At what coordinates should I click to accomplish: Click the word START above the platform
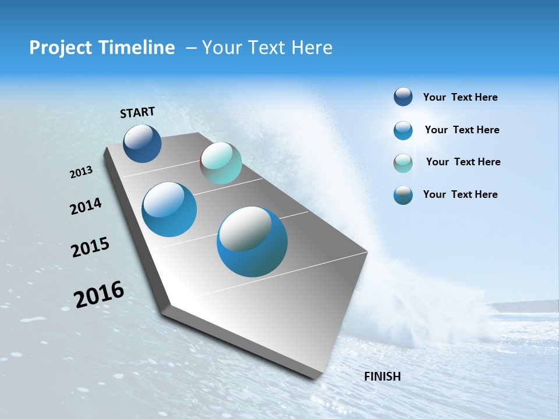[x=137, y=112]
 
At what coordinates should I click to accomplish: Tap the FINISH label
[x=382, y=377]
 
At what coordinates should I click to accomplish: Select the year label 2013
[x=81, y=172]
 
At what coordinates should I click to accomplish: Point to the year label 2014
[x=86, y=206]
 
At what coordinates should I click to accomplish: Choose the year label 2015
[x=90, y=247]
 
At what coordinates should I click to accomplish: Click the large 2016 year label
[x=99, y=294]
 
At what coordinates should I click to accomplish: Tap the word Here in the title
[x=312, y=48]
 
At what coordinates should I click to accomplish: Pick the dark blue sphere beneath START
[x=142, y=144]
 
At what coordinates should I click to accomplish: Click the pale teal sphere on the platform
[x=221, y=163]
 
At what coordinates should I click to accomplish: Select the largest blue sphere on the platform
[x=252, y=242]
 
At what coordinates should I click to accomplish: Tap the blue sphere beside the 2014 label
[x=169, y=210]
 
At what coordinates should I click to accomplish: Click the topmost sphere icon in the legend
[x=403, y=97]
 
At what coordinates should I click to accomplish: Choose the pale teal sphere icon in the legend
[x=403, y=163]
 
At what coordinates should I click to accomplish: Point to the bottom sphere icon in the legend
[x=403, y=195]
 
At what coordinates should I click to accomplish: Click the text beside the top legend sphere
[x=460, y=97]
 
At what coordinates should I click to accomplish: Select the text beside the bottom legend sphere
[x=460, y=194]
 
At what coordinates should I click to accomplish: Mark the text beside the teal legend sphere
[x=463, y=162]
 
